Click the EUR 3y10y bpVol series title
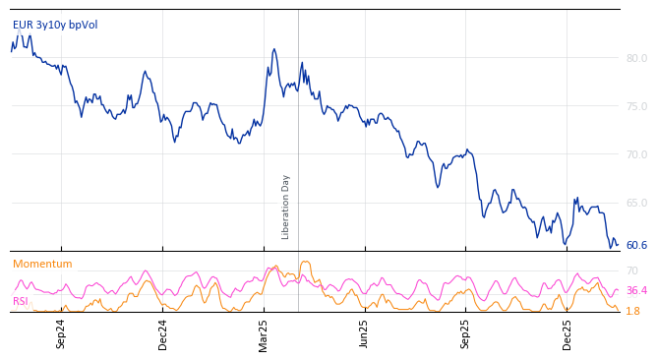tap(55, 25)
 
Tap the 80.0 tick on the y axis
tap(636, 58)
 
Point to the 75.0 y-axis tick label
tap(636, 106)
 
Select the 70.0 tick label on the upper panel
tap(636, 154)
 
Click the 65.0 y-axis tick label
tap(636, 203)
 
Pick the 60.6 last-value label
tap(636, 245)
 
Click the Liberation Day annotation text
tap(286, 207)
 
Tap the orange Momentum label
tap(42, 264)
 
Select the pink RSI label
tap(21, 301)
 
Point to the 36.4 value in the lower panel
tap(636, 290)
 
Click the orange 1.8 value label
tap(633, 311)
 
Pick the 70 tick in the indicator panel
tap(632, 270)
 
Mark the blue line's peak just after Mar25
tap(274, 49)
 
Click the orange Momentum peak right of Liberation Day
tap(306, 262)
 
